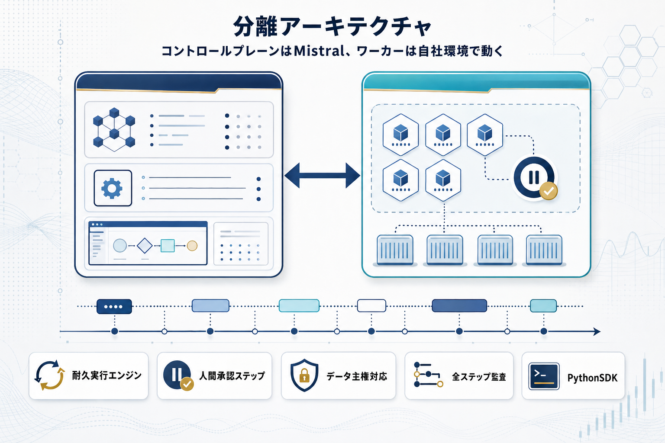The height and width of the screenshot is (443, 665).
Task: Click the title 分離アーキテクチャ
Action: (332, 27)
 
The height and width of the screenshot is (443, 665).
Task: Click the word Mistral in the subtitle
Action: (319, 51)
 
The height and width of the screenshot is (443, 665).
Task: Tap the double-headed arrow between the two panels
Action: (322, 176)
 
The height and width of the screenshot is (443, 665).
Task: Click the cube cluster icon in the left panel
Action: (114, 129)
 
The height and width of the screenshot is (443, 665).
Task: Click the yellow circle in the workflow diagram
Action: (192, 246)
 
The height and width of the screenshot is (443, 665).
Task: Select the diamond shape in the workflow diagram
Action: (145, 246)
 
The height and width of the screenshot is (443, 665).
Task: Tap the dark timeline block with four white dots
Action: (114, 306)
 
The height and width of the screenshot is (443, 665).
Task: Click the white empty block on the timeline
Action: (371, 305)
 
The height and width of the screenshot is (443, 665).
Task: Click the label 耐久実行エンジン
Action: (107, 376)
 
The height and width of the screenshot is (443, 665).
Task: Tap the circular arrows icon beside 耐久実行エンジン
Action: (49, 375)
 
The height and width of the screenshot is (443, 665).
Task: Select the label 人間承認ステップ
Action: (232, 376)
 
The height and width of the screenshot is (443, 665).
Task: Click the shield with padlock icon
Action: (304, 375)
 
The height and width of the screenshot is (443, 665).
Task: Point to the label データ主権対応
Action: (356, 376)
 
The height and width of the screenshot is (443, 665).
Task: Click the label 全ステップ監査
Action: (479, 377)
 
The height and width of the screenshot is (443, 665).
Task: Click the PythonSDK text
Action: (592, 378)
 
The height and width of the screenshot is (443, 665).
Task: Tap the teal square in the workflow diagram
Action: (168, 246)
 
